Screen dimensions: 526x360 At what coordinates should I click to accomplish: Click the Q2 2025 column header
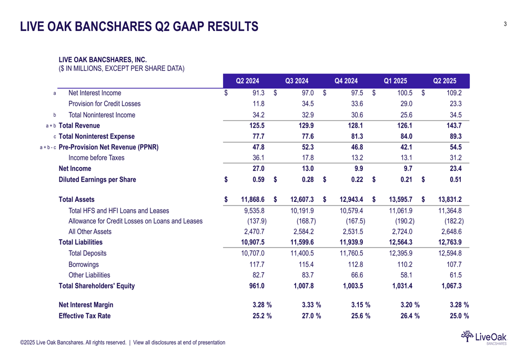pyautogui.click(x=444, y=81)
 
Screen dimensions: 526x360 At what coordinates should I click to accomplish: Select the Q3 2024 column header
pyautogui.click(x=297, y=81)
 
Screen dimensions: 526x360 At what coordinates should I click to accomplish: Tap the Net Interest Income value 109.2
pyautogui.click(x=454, y=93)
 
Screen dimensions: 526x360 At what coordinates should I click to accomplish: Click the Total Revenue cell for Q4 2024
pyautogui.click(x=356, y=126)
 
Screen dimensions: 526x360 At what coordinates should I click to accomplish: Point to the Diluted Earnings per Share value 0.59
pyautogui.click(x=258, y=179)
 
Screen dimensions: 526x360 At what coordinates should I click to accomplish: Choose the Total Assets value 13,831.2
pyautogui.click(x=450, y=199)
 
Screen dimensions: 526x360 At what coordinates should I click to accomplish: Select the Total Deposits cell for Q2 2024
pyautogui.click(x=252, y=253)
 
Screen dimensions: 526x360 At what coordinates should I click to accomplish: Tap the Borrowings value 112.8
pyautogui.click(x=356, y=264)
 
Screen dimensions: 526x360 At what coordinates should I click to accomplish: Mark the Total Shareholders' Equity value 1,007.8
pyautogui.click(x=302, y=286)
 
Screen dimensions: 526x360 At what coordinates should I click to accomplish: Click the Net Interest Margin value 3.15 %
pyautogui.click(x=361, y=305)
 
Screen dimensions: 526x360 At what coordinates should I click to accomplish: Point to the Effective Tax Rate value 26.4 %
pyautogui.click(x=410, y=316)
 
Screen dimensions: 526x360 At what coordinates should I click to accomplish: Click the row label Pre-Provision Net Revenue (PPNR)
pyautogui.click(x=108, y=147)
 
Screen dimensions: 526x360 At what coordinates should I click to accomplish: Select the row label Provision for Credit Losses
pyautogui.click(x=104, y=104)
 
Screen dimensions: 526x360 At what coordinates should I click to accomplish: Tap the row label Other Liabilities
pyautogui.click(x=89, y=275)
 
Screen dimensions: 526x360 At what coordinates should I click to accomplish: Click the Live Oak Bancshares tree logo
pyautogui.click(x=467, y=336)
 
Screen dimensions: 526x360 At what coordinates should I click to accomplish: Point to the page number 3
pyautogui.click(x=505, y=24)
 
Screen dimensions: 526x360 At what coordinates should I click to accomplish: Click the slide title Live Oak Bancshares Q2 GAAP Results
pyautogui.click(x=139, y=26)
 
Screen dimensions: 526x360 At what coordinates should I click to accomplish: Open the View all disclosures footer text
pyautogui.click(x=179, y=343)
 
